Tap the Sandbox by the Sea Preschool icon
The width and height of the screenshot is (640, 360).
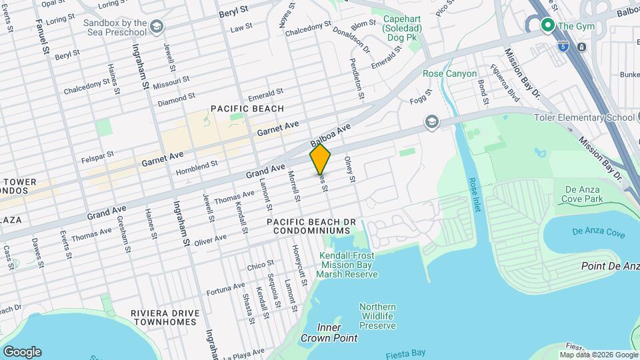tap(157, 27)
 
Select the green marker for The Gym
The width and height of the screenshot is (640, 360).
tap(548, 26)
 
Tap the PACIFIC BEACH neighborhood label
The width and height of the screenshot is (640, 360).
tap(247, 108)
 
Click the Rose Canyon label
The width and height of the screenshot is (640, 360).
tap(450, 73)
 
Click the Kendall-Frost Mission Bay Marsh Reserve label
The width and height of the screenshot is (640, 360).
tap(347, 265)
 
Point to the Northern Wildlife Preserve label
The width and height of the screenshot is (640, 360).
tap(377, 316)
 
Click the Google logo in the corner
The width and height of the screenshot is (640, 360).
tap(22, 351)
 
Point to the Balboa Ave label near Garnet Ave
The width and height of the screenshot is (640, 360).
tap(330, 135)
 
